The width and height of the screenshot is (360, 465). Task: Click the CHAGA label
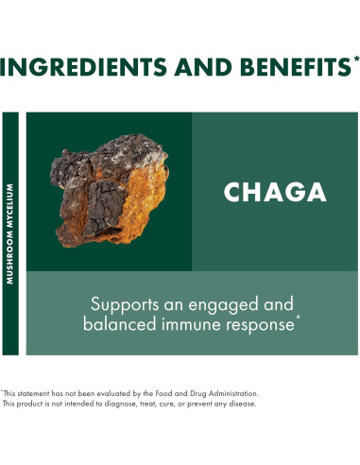coord(275,192)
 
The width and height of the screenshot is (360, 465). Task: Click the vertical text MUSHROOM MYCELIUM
coord(10,232)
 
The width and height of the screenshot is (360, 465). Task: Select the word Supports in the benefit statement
coord(121,304)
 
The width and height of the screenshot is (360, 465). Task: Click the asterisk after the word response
coord(300,320)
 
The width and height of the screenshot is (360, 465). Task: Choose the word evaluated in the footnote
coord(90,392)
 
